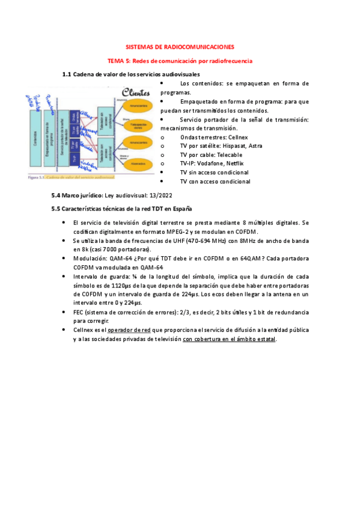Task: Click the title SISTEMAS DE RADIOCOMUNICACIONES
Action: (x=180, y=46)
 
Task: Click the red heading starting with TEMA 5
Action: (x=180, y=61)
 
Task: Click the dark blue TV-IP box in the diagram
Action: (x=73, y=158)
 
